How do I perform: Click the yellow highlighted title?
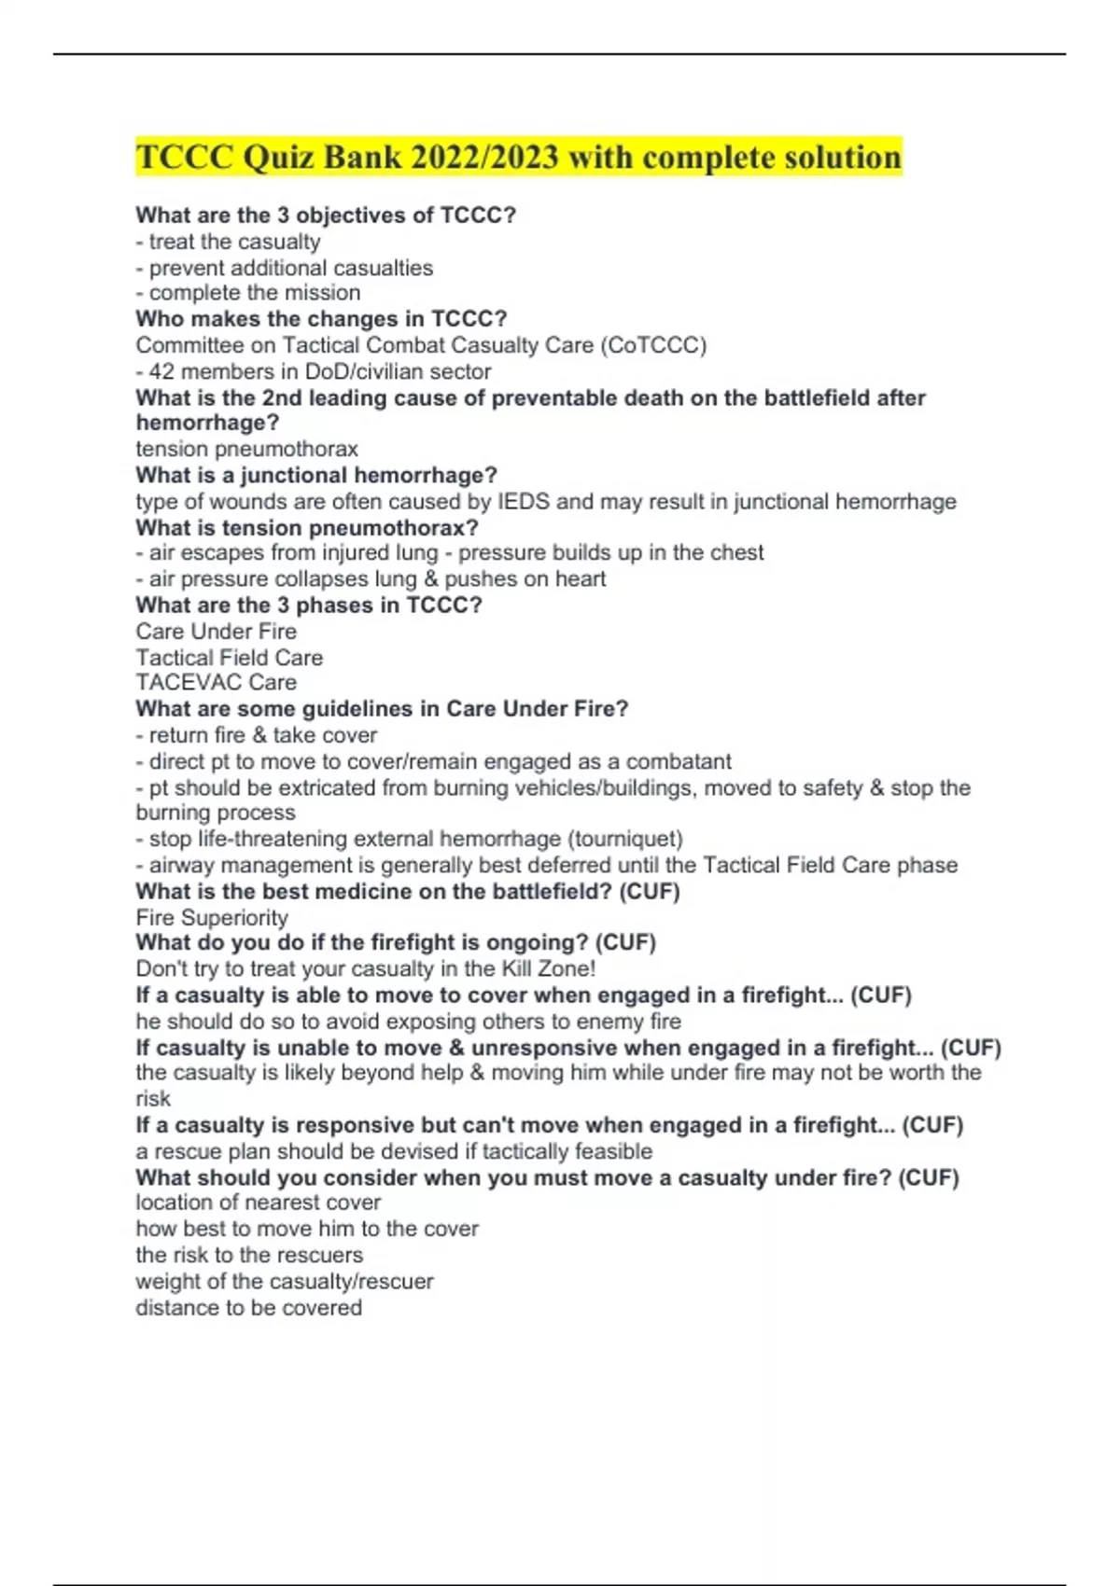pyautogui.click(x=518, y=157)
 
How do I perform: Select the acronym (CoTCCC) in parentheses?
pyautogui.click(x=653, y=345)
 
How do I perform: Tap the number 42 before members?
pyautogui.click(x=161, y=371)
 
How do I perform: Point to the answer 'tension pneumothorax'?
pyautogui.click(x=246, y=449)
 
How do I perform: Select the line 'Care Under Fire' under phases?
pyautogui.click(x=216, y=631)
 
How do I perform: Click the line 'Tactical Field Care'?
pyautogui.click(x=229, y=657)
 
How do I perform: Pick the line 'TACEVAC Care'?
pyautogui.click(x=216, y=682)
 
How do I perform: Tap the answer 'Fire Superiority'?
pyautogui.click(x=212, y=917)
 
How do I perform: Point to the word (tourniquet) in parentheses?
pyautogui.click(x=625, y=839)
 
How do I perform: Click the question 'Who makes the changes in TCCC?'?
pyautogui.click(x=321, y=319)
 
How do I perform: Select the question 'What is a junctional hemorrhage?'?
pyautogui.click(x=315, y=475)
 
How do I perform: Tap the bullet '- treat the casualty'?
pyautogui.click(x=228, y=242)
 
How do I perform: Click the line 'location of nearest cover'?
pyautogui.click(x=258, y=1203)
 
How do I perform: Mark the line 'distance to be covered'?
pyautogui.click(x=248, y=1307)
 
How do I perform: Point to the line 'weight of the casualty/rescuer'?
pyautogui.click(x=284, y=1281)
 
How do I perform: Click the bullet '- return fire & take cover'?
pyautogui.click(x=256, y=735)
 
